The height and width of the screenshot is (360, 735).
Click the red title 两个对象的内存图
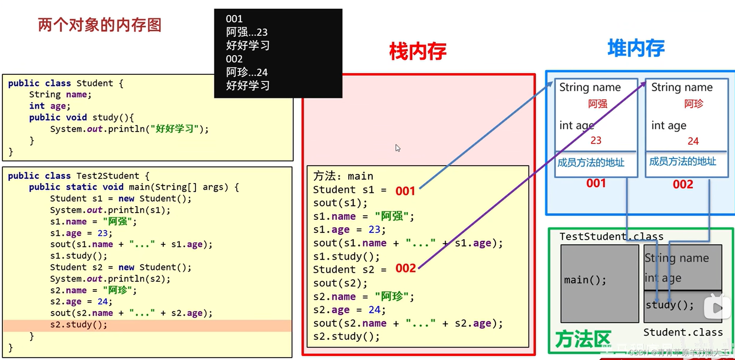[99, 25]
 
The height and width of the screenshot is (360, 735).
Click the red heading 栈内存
[418, 52]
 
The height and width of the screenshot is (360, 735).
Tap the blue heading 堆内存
[636, 48]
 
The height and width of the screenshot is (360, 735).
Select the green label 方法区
[582, 339]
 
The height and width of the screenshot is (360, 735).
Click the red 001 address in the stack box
[405, 191]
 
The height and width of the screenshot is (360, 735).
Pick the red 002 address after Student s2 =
[405, 268]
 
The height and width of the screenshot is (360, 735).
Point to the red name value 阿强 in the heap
[597, 104]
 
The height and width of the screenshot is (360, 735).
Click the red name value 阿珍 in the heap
[693, 104]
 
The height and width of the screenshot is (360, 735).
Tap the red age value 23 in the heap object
[596, 140]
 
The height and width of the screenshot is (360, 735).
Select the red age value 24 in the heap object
[693, 141]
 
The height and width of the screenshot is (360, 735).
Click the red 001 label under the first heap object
[596, 183]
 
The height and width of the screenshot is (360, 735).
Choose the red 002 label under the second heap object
[683, 184]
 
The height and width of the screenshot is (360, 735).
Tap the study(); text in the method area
[669, 305]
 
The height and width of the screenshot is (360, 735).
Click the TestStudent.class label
[611, 237]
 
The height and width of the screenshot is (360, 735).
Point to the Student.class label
[683, 332]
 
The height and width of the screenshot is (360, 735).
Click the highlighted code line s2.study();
[79, 325]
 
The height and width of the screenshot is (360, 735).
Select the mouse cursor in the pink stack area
[397, 148]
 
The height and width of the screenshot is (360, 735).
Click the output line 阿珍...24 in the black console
[247, 72]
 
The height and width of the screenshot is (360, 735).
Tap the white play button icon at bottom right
[717, 307]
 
